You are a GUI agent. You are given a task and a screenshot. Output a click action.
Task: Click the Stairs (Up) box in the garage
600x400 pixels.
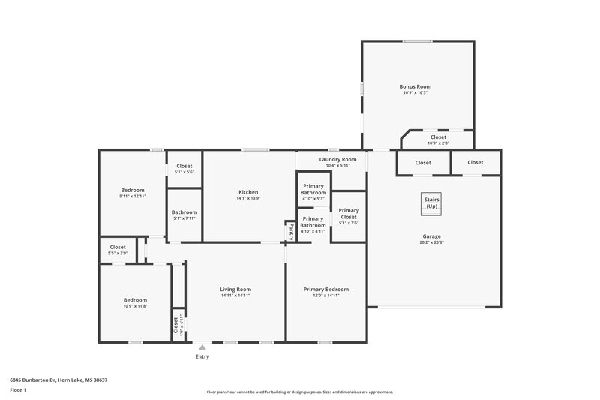click(x=431, y=203)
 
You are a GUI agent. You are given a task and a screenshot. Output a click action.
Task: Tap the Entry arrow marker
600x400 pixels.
click(x=202, y=347)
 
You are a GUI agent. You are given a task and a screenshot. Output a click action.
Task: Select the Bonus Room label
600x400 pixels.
click(x=415, y=87)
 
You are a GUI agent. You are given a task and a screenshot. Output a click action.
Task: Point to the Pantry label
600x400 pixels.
click(x=291, y=232)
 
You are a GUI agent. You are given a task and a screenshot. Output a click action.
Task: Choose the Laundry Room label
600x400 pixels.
click(x=337, y=159)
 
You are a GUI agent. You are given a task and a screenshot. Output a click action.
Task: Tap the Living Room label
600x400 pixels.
click(x=235, y=289)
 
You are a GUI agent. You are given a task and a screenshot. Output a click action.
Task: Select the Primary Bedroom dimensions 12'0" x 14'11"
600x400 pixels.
click(x=325, y=296)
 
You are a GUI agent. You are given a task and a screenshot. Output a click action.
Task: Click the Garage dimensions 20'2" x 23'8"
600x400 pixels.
click(x=431, y=242)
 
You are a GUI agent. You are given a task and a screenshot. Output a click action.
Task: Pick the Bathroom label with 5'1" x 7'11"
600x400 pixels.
click(x=184, y=212)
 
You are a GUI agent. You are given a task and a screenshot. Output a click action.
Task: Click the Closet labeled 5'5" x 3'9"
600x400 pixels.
click(x=118, y=247)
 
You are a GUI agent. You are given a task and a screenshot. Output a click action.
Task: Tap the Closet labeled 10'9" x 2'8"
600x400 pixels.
click(x=438, y=137)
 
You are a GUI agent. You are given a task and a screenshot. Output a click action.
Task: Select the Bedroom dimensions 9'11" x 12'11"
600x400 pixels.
click(x=132, y=196)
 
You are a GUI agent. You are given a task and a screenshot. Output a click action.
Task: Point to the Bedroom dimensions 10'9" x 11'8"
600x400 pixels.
click(x=135, y=306)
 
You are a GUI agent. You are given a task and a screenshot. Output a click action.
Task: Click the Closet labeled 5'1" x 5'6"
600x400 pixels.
click(x=184, y=166)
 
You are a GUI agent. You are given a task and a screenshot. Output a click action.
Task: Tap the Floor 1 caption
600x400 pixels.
click(x=18, y=390)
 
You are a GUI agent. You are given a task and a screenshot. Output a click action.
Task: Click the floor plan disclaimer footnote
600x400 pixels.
click(x=300, y=392)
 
